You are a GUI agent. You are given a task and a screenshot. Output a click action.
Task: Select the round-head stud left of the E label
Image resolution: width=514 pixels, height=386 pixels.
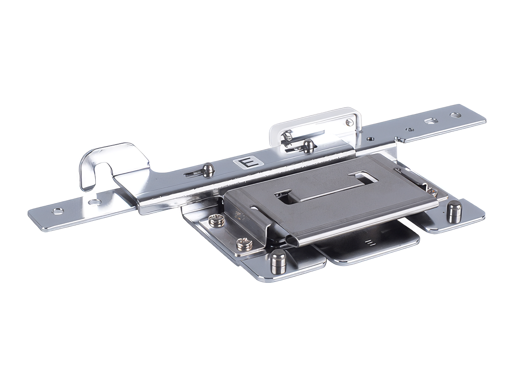[x=208, y=169]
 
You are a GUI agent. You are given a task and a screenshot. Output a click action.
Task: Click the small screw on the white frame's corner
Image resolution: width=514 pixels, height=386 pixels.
[x=348, y=122]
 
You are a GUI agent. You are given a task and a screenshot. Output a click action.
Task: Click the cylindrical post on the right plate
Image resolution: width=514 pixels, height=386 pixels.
[x=454, y=212]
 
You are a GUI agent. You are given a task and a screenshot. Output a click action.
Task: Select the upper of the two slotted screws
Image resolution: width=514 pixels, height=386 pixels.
[x=217, y=219]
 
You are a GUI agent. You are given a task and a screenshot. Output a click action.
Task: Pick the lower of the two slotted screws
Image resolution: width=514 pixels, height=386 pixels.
[x=243, y=243]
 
